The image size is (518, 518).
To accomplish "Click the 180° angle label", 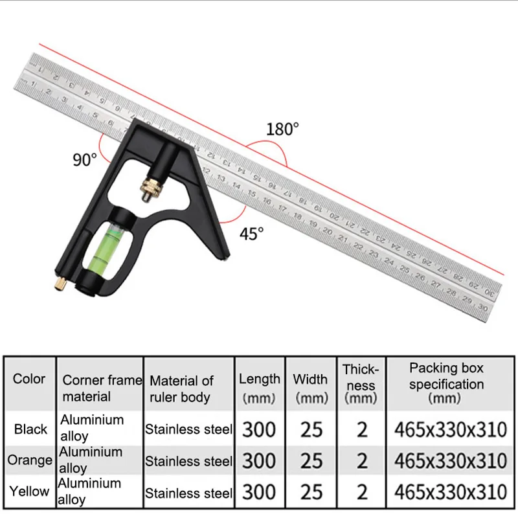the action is [282, 129].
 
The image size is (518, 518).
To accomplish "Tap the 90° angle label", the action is [85, 159].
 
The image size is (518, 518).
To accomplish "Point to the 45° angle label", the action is [252, 233].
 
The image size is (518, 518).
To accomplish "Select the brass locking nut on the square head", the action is [152, 186].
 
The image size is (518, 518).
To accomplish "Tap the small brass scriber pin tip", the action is [60, 284].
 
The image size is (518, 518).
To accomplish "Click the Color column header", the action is [29, 379].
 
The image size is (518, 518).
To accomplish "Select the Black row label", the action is [30, 429].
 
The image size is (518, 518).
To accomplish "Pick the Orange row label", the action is [30, 460].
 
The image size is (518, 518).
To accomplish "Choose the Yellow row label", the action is [29, 491].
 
